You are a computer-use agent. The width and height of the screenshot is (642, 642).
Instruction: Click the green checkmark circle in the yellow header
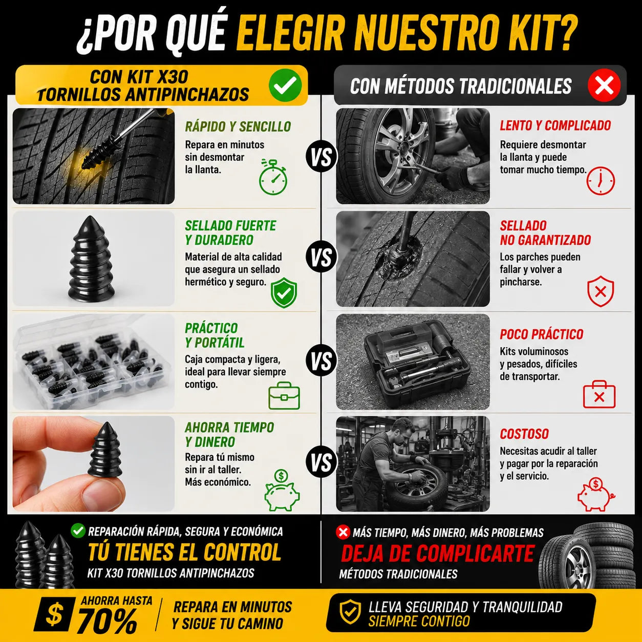pos(285,85)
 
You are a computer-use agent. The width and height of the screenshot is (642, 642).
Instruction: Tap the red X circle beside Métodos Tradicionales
pos(604,85)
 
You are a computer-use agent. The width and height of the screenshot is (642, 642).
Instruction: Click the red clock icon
pos(601,181)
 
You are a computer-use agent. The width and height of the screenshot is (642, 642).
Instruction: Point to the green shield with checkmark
pos(284,292)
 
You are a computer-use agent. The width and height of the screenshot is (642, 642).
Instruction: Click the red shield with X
pos(601,291)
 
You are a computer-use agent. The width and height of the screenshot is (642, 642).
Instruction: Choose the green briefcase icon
pos(284,396)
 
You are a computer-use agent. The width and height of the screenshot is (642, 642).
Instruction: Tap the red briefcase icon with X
pos(599,394)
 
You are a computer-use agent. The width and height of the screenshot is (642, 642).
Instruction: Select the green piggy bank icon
pos(282,490)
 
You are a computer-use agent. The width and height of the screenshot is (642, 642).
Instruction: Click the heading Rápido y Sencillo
pos(238,126)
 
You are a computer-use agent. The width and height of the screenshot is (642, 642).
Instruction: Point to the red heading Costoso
pos(524,434)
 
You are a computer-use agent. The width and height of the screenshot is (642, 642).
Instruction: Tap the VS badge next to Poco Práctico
pos(322,361)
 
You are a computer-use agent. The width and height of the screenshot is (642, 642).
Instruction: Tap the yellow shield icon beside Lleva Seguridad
pos(350,612)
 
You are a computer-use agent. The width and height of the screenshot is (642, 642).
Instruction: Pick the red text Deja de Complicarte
pos(437,553)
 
